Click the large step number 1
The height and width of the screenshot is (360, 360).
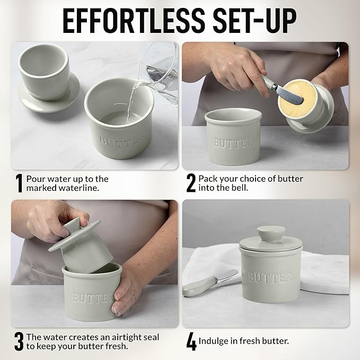(x=19, y=183)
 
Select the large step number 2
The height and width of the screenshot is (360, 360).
(x=191, y=183)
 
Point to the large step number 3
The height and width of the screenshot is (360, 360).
(x=19, y=341)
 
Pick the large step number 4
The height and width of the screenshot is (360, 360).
(x=191, y=341)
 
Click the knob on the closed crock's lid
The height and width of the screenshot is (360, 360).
(x=270, y=235)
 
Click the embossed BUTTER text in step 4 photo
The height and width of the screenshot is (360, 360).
(x=270, y=277)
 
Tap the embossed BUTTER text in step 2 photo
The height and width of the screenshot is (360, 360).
(x=233, y=142)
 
